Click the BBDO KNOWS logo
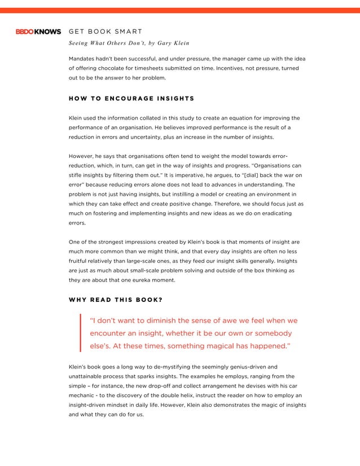[x=37, y=32]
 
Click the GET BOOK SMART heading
[x=105, y=32]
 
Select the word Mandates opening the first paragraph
[x=83, y=58]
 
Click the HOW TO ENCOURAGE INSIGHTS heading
[x=131, y=99]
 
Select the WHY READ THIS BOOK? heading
[x=116, y=299]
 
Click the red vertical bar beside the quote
[x=81, y=333]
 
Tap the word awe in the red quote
[x=238, y=320]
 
